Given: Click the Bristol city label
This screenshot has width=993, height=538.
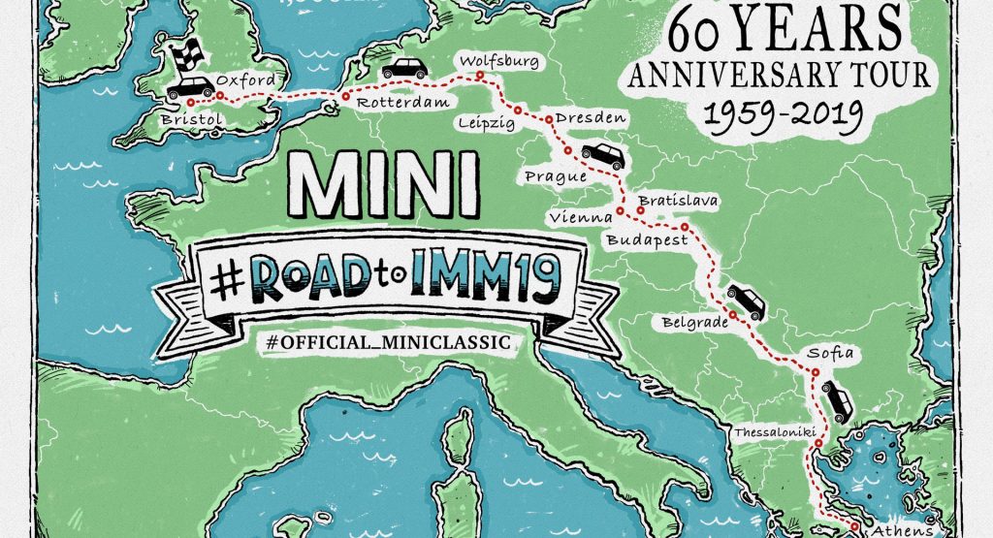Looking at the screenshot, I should (x=194, y=119).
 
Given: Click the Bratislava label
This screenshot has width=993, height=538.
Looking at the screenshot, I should (x=677, y=201).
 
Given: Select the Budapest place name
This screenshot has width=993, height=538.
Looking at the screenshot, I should (x=647, y=239).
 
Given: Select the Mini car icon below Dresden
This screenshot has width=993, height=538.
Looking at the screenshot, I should (x=601, y=155).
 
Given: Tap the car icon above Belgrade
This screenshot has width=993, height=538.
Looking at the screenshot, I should (x=745, y=301).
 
